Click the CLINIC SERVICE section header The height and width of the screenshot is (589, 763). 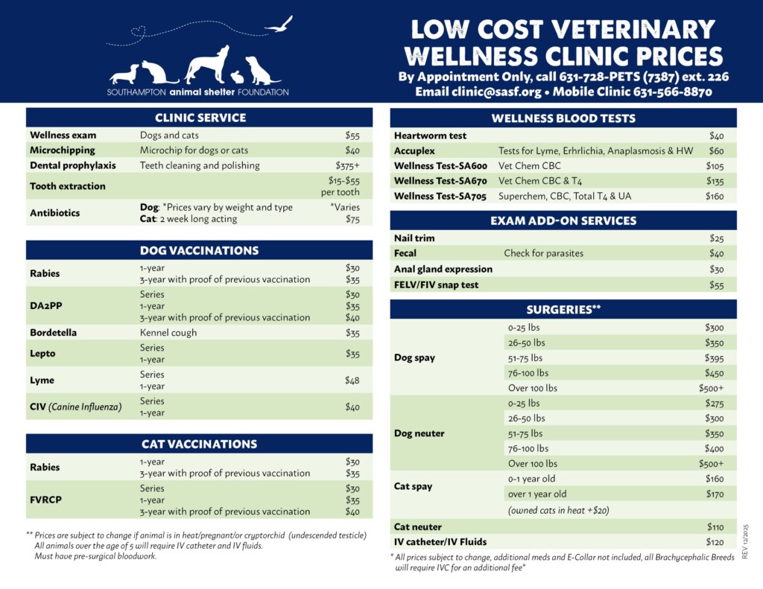200,118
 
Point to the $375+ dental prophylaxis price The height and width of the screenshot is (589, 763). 347,165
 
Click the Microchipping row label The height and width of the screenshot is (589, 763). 63,150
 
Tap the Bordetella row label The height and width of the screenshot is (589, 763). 53,333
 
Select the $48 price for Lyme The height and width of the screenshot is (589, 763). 352,381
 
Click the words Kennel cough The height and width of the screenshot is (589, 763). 168,333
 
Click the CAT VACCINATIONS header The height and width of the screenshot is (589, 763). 200,445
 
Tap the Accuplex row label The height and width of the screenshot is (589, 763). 414,151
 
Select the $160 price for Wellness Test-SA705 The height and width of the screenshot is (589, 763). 715,197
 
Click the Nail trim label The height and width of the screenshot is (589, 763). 414,238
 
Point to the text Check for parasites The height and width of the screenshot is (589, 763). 543,253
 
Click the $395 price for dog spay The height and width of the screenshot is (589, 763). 715,358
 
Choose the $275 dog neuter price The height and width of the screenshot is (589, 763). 715,404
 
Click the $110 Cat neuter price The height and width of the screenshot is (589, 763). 715,527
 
